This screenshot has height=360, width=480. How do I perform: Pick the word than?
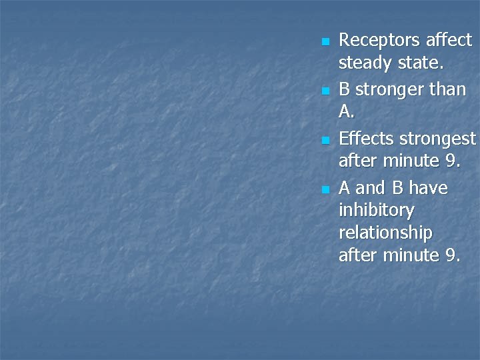446,89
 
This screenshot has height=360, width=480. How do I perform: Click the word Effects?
366,139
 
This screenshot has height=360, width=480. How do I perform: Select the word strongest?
437,139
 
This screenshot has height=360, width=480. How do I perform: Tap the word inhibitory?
377,211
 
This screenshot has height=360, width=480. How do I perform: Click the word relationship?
385,234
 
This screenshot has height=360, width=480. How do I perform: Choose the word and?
371,188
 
